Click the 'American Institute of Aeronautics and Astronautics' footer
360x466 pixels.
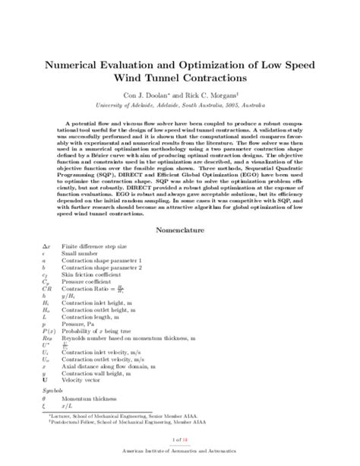(179, 451)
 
